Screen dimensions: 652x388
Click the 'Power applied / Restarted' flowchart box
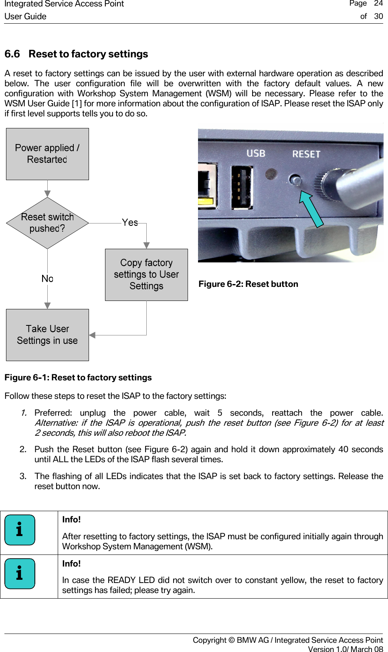pos(47,154)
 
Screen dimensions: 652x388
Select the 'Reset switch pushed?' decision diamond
pos(47,223)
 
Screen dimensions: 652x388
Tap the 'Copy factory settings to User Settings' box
pos(146,274)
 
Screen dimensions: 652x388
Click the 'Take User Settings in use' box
pos(47,335)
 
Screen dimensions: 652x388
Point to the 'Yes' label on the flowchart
pos(130,222)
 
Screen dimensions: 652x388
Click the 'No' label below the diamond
pos(47,278)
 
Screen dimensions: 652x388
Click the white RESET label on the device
pos(306,154)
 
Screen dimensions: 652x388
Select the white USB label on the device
pos(256,153)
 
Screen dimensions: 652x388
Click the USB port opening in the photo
pos(242,188)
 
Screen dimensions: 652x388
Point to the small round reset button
pos(295,180)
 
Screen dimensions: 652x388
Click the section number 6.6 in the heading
pos(12,54)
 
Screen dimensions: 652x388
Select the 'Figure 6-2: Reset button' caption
pos(248,284)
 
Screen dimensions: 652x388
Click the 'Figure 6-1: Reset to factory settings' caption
pos(78,378)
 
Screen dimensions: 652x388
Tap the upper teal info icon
pos(20,530)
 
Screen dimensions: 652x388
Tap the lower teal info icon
pos(20,574)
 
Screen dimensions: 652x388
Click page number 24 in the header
pos(378,4)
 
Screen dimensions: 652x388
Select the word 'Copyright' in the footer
pos(209,640)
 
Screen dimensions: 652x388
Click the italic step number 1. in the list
pos(24,413)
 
